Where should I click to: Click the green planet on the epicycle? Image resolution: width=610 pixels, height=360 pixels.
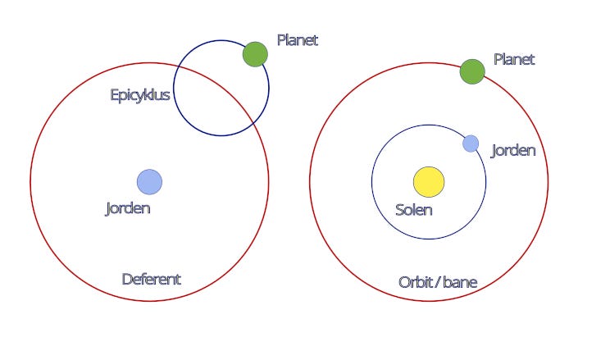point(255,54)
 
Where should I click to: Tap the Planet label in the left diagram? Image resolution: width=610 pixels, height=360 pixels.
point(297,40)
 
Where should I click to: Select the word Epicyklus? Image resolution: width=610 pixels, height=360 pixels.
point(140,95)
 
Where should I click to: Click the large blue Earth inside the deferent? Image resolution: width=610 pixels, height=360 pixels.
point(149,181)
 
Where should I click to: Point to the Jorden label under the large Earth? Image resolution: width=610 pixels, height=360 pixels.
point(128,208)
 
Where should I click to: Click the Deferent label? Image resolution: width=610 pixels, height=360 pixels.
point(151,279)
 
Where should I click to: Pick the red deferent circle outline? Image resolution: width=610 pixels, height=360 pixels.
point(30,181)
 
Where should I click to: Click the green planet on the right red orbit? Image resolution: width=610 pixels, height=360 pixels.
point(472,71)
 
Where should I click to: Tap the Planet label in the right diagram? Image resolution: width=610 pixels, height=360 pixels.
point(514,60)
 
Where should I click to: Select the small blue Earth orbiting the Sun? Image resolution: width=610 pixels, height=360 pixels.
point(471,144)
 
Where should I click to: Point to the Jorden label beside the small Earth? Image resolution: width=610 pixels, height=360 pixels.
point(513,151)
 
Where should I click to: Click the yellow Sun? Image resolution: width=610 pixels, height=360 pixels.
point(428,182)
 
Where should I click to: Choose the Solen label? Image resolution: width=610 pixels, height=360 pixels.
point(414,210)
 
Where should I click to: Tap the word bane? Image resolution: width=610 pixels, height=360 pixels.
point(459,283)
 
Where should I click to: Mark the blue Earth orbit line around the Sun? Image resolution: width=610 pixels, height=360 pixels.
point(372,182)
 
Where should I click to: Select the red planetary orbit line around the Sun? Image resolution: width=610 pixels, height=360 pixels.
point(310,182)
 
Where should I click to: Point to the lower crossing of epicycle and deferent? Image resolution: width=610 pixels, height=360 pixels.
point(251,123)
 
